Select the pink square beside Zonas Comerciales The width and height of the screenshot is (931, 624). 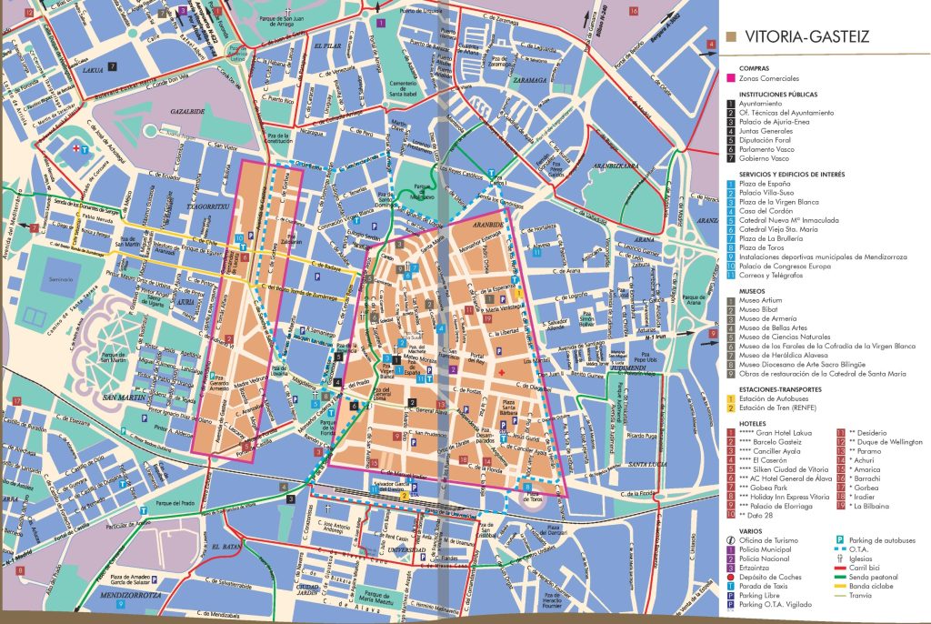[x=732, y=79]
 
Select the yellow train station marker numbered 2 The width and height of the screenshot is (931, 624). [x=404, y=497]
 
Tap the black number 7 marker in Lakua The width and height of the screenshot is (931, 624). [x=112, y=66]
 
